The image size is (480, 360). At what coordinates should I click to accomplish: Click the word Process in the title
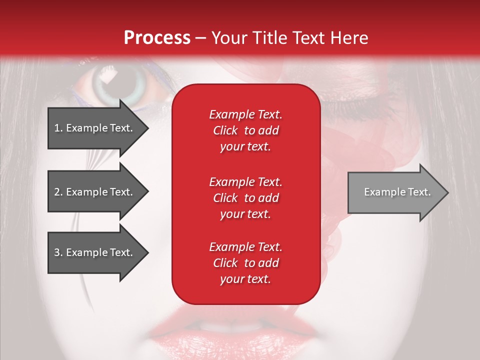point(157,38)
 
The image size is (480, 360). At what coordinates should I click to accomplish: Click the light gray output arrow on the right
point(395,192)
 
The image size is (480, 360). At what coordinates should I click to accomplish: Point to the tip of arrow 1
point(147,128)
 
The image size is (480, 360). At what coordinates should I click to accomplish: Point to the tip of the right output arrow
point(447,192)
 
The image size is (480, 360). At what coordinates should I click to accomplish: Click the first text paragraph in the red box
point(245,130)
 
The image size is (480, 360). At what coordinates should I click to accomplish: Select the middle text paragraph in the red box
point(245,198)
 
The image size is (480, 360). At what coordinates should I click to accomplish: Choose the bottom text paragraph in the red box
point(245,263)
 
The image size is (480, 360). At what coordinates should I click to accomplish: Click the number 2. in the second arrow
point(58,192)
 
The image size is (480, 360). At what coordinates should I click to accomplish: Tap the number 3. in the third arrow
point(58,252)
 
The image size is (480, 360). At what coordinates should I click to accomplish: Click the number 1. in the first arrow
point(58,128)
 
